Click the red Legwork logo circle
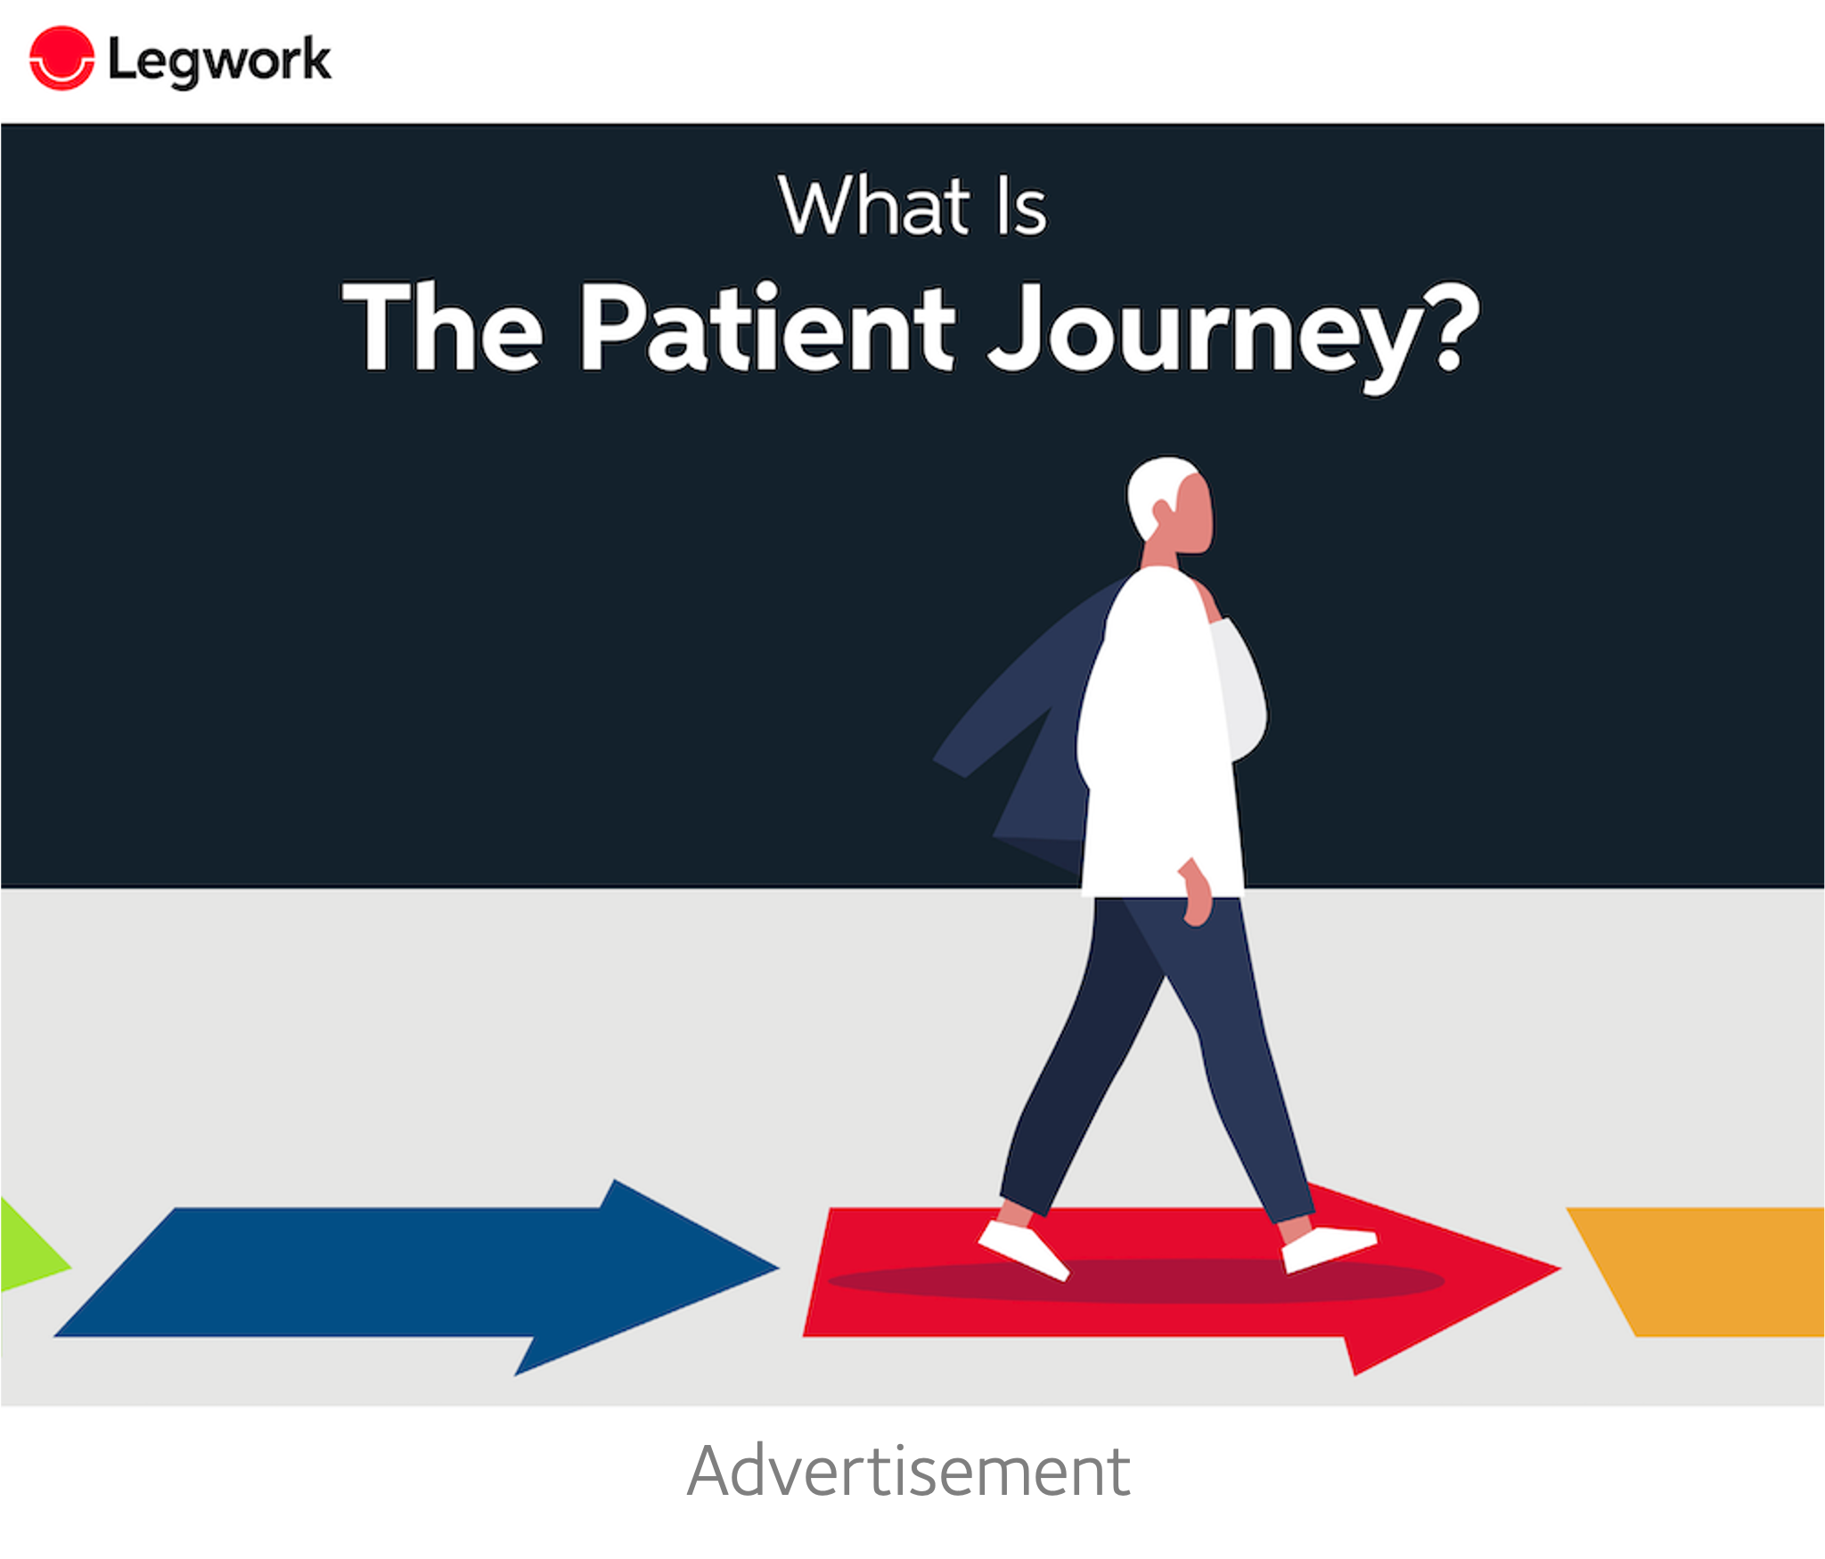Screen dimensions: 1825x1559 click(x=61, y=59)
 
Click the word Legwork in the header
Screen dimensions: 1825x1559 click(x=219, y=61)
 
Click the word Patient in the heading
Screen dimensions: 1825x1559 click(x=767, y=326)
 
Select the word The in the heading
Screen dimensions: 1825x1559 click(x=443, y=326)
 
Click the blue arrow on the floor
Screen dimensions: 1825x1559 click(x=415, y=1276)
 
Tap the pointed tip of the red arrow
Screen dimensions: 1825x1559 click(x=1559, y=1269)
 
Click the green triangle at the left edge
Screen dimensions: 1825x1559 click(x=32, y=1245)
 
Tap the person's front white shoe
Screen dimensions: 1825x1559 click(x=1329, y=1248)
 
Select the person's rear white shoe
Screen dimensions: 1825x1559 click(x=1024, y=1250)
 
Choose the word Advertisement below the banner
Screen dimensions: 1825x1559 click(x=909, y=1472)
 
